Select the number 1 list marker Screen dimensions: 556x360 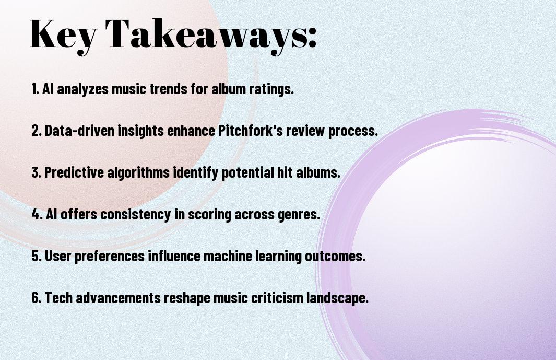point(35,89)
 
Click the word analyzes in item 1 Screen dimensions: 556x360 point(82,89)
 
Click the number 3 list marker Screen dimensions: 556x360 point(36,172)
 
